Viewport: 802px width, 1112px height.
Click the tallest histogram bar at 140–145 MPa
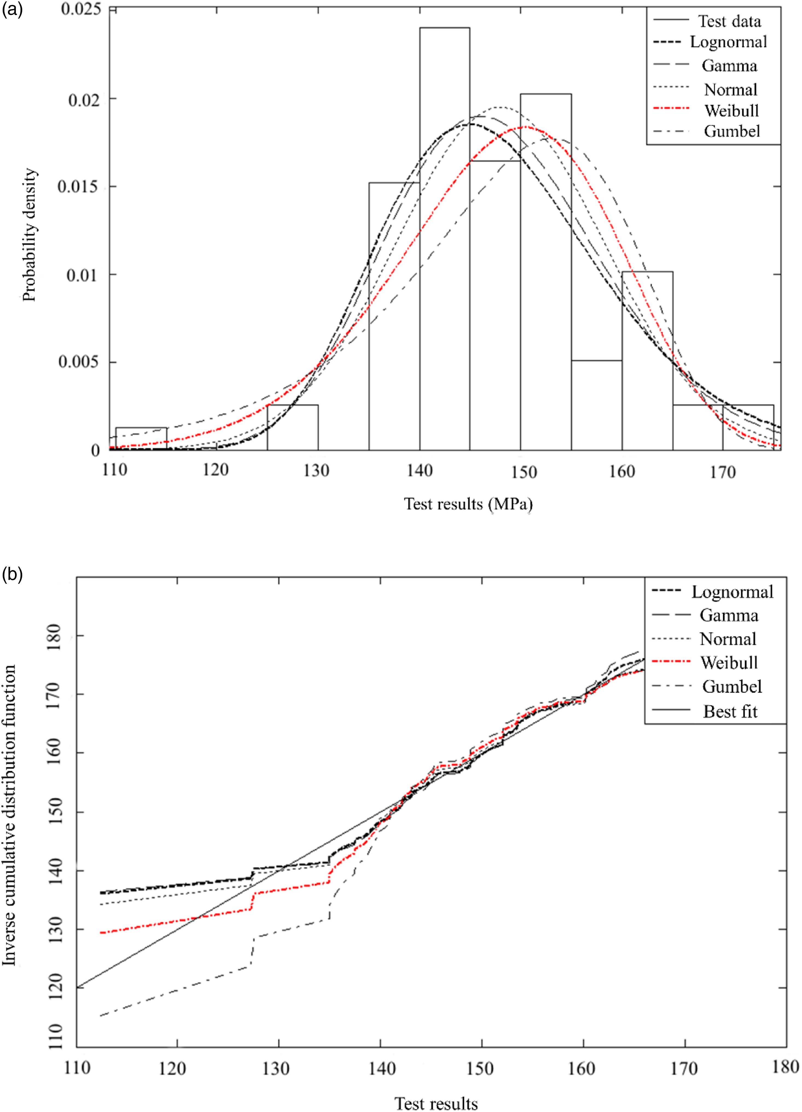click(445, 239)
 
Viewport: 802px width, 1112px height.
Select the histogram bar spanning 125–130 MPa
click(292, 427)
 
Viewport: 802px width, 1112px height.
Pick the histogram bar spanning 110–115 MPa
click(141, 439)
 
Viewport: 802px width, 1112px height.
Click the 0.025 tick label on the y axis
click(81, 10)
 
